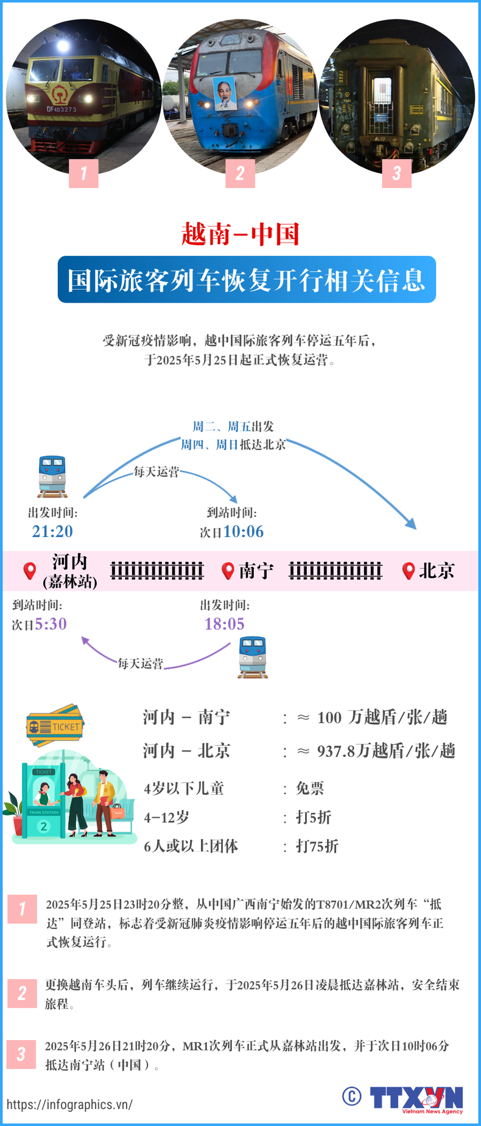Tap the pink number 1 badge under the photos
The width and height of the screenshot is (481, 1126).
coord(84,173)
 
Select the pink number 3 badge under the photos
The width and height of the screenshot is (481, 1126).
coord(396,173)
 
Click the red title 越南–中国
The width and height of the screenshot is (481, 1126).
coord(240,234)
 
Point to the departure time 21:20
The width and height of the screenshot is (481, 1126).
coord(52,532)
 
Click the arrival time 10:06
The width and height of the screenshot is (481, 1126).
coord(244,532)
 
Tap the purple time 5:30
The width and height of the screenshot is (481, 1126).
coord(51,624)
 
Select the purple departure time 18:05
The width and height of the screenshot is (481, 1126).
coord(224,624)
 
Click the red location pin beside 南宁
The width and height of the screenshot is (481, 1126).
coord(228,571)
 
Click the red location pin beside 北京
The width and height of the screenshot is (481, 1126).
coord(409,571)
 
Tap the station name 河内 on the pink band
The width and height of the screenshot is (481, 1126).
coord(69,562)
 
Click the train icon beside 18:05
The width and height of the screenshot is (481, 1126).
coord(253,657)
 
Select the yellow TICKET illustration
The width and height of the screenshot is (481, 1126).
coord(55,725)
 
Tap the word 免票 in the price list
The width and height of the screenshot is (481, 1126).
coord(310,789)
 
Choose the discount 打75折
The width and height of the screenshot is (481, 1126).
coord(317,846)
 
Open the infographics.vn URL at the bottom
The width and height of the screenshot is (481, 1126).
coord(69,1105)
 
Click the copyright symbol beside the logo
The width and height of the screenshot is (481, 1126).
coord(351,1096)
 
